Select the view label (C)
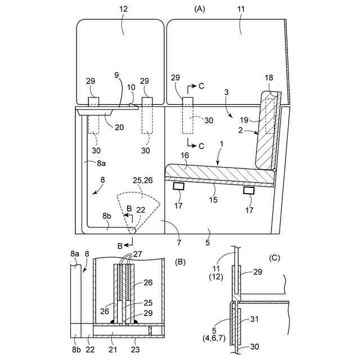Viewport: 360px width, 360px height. [275, 258]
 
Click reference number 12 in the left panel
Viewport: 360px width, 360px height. [124, 9]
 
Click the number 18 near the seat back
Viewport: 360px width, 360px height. [270, 78]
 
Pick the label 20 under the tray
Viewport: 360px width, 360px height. [119, 127]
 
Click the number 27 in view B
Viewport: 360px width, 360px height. [138, 254]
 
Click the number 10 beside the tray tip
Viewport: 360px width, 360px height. [131, 87]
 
